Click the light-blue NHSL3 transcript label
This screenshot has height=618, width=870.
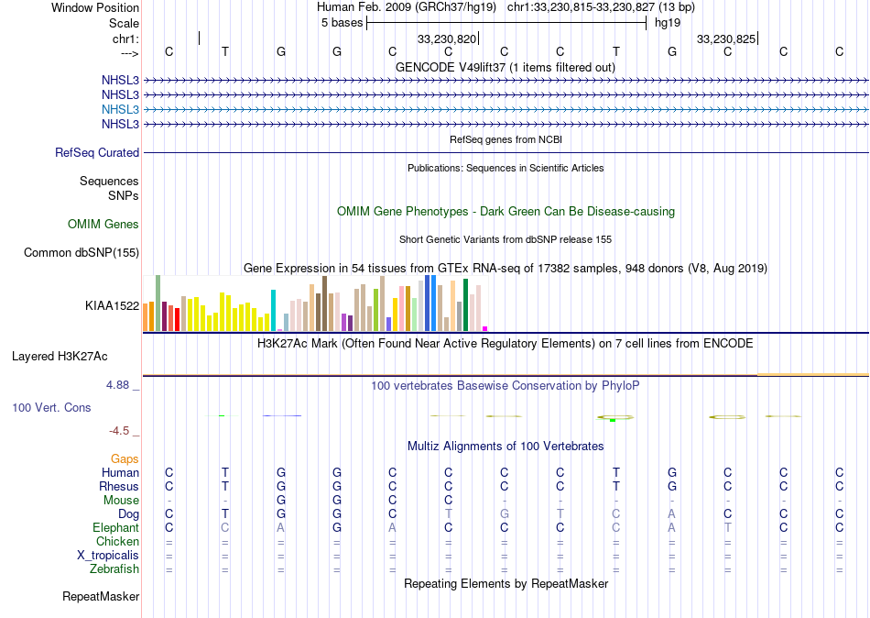click(121, 109)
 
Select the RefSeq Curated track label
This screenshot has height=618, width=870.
click(97, 153)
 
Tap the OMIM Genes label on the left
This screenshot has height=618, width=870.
click(103, 225)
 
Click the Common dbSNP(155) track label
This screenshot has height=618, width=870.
click(82, 253)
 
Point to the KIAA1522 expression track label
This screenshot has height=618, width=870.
click(112, 306)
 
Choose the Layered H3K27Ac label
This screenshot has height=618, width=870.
click(72, 356)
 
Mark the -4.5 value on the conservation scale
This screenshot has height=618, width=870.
click(119, 431)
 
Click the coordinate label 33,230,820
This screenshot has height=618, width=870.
click(447, 39)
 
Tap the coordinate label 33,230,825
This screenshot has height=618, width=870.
click(726, 39)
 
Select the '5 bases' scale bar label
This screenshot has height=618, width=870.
click(342, 23)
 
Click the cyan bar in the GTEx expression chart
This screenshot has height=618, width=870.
click(274, 310)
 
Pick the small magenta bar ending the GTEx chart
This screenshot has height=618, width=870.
click(484, 328)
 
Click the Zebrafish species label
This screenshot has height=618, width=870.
click(114, 569)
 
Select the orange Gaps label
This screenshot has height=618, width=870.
click(125, 458)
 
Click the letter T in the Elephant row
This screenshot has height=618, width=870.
click(728, 528)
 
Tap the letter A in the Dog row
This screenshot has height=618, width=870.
click(672, 514)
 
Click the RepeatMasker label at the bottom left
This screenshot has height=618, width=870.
click(101, 597)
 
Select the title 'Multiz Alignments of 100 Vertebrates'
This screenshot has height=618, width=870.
click(506, 447)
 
